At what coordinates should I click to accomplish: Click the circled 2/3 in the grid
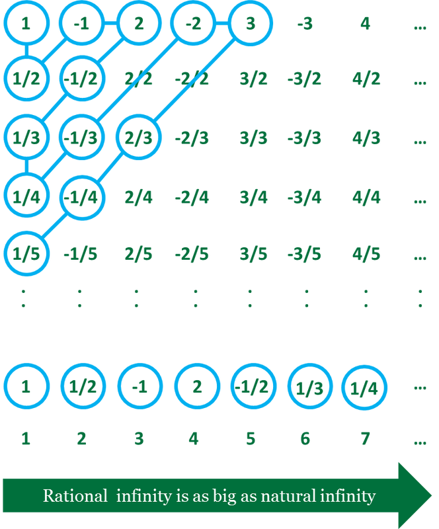[139, 138]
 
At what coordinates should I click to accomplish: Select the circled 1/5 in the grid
[26, 253]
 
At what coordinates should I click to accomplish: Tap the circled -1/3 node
[82, 138]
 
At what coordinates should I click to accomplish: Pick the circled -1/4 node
[82, 197]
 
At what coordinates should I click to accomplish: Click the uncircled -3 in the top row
[305, 24]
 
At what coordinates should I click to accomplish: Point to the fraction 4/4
[366, 197]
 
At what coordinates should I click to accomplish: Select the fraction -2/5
[192, 254]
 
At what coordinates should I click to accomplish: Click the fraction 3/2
[253, 79]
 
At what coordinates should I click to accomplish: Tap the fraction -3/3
[304, 138]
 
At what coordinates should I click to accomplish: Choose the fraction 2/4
[138, 197]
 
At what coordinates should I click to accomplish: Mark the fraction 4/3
[366, 138]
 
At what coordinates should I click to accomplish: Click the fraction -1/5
[80, 254]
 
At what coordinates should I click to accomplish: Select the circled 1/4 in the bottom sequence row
[364, 387]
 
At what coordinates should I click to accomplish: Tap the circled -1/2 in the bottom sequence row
[253, 386]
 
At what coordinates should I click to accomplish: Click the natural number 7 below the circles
[365, 438]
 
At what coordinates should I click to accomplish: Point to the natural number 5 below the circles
[251, 438]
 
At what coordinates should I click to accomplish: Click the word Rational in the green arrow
[75, 496]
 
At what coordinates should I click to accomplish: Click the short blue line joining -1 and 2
[110, 23]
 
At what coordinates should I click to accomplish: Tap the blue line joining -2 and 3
[221, 23]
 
